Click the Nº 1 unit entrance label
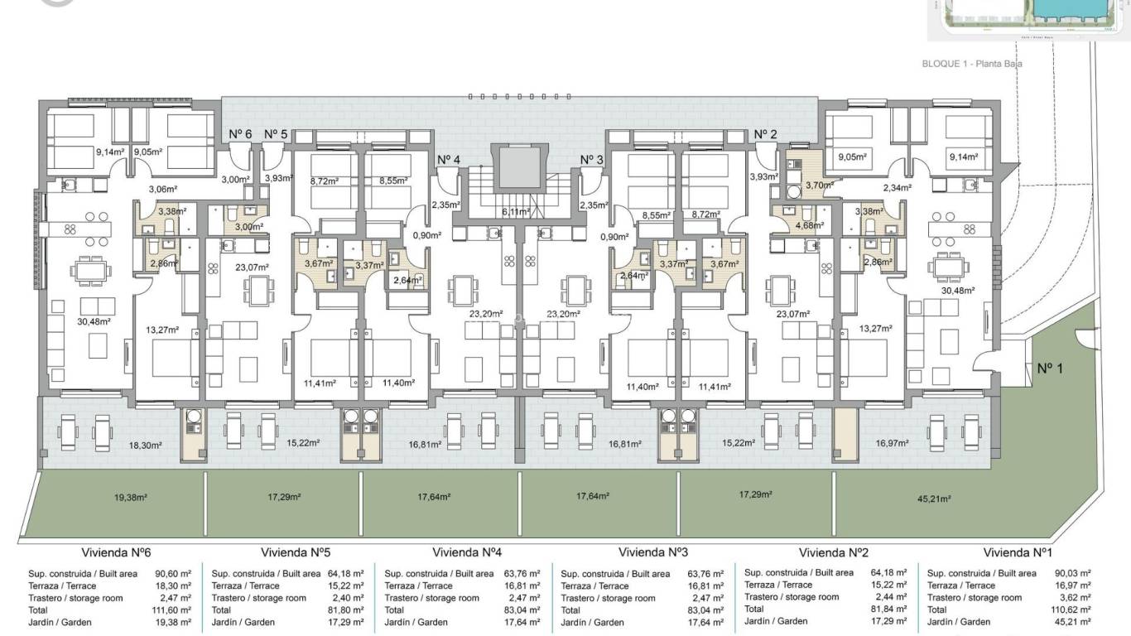[x=1049, y=369]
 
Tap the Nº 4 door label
[x=449, y=160]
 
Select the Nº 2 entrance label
[x=765, y=134]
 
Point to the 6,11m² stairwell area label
[x=516, y=211]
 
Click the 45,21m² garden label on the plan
[x=934, y=499]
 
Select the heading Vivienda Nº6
[x=115, y=552]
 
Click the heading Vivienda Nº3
[x=653, y=552]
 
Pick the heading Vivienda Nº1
[x=1018, y=552]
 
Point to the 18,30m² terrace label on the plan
[x=145, y=445]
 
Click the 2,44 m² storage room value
[x=890, y=596]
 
